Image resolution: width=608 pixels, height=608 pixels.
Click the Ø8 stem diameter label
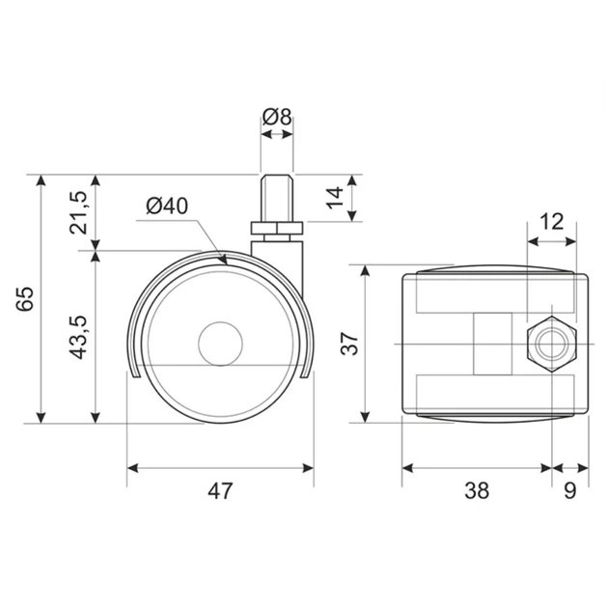pyautogui.click(x=276, y=117)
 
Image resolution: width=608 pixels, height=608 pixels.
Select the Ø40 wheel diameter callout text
pyautogui.click(x=167, y=206)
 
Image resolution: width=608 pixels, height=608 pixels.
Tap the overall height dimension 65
pyautogui.click(x=26, y=298)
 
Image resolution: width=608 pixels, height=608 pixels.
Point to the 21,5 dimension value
pyautogui.click(x=79, y=212)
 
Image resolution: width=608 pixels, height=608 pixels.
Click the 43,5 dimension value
pyautogui.click(x=79, y=338)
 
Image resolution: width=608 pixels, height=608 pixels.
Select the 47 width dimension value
pyautogui.click(x=220, y=491)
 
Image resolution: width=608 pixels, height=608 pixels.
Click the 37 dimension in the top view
pyautogui.click(x=349, y=344)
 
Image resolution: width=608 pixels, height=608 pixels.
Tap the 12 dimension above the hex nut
pyautogui.click(x=551, y=221)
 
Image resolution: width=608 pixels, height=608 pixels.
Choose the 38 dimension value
pyautogui.click(x=477, y=490)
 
